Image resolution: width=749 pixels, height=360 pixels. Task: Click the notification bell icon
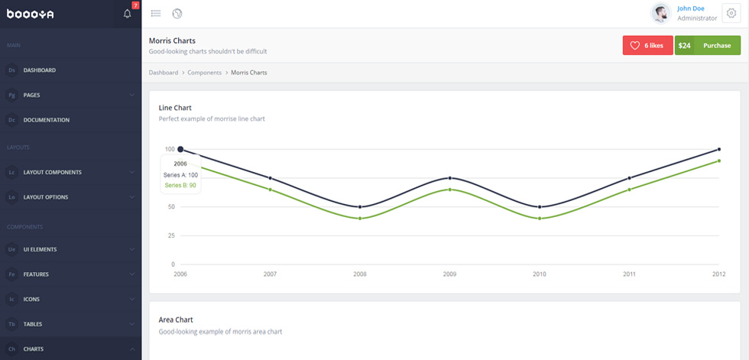coord(127,13)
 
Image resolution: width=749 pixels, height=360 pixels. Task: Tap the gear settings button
coord(731,13)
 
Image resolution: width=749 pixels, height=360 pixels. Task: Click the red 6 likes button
coord(648,45)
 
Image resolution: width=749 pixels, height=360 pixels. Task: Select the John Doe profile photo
coord(661,13)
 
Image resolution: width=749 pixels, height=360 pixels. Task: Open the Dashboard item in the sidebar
coord(40,70)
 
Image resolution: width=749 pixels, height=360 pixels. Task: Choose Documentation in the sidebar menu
coord(47,120)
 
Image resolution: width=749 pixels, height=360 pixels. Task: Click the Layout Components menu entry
coord(53,173)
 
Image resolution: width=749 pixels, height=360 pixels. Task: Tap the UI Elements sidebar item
coord(40,249)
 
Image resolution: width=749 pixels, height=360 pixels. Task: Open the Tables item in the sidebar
coord(32,324)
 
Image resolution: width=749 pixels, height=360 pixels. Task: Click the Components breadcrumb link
coord(205,73)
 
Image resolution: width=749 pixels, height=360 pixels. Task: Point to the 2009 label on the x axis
coord(449,274)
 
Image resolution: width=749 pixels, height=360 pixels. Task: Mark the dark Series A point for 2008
coord(360,206)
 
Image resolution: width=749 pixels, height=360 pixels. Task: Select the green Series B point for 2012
coord(719,161)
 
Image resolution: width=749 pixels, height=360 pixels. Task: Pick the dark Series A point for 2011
coord(629,178)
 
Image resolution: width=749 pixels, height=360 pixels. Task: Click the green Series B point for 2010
coord(540,218)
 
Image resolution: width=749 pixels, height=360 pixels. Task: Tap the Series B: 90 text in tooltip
coord(180,185)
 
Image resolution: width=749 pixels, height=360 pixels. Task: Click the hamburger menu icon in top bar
coord(156,13)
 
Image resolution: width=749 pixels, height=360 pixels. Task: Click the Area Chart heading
coord(176,320)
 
